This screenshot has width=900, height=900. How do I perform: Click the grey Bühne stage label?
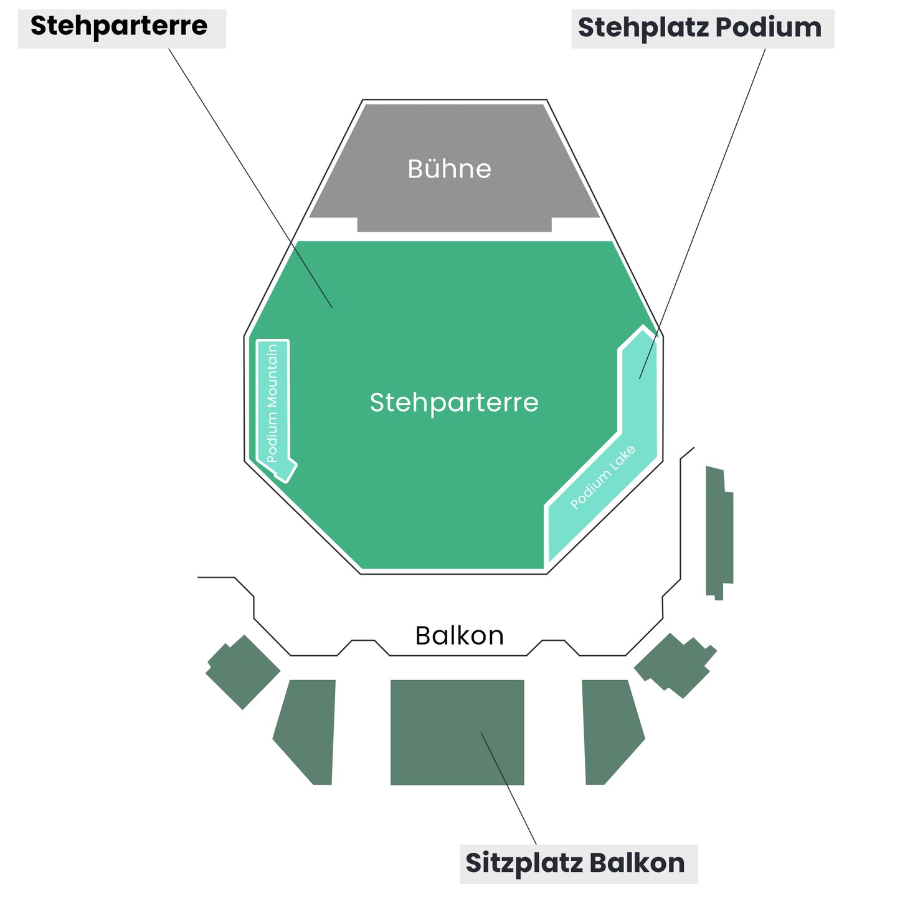click(449, 169)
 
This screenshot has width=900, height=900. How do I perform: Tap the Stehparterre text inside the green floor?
click(454, 402)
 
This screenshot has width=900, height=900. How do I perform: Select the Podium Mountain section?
click(273, 405)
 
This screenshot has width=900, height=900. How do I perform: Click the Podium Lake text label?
click(602, 478)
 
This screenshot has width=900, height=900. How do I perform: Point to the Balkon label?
click(459, 635)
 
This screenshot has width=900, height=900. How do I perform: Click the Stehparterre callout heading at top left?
click(119, 26)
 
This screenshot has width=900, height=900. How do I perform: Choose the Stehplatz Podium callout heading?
click(699, 28)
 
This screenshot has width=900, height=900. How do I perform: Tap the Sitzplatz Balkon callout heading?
click(575, 863)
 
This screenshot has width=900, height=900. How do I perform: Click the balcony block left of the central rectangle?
click(306, 729)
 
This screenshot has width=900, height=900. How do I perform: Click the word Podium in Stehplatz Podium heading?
click(769, 28)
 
